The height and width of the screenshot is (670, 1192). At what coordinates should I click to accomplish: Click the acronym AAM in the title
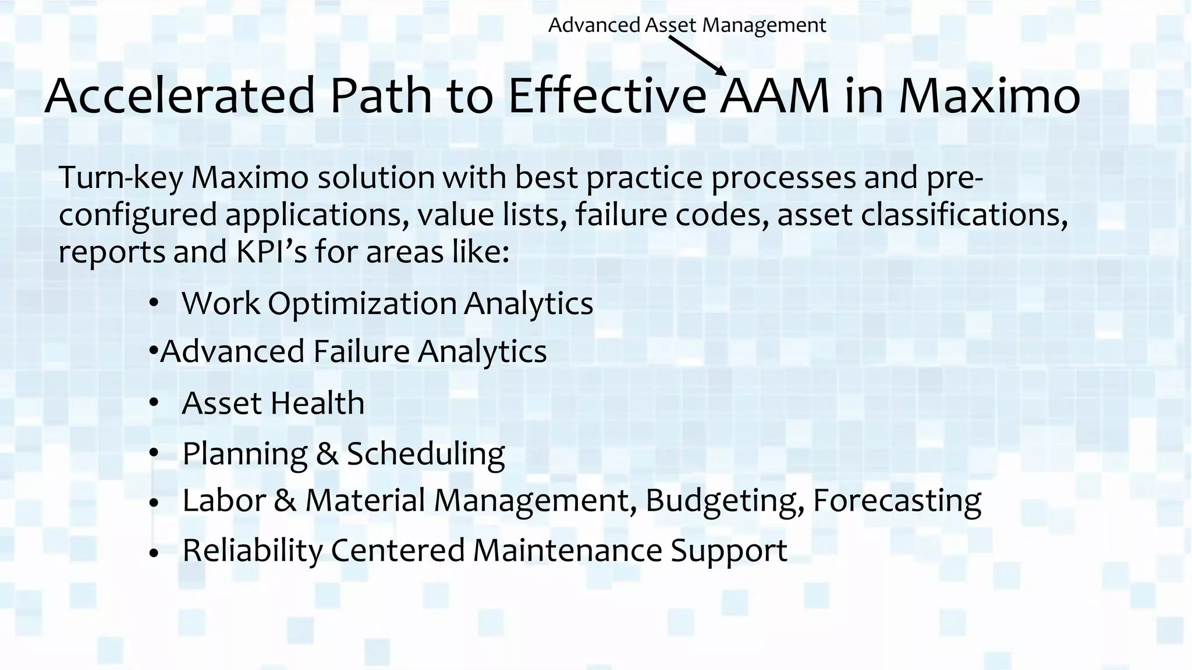(774, 97)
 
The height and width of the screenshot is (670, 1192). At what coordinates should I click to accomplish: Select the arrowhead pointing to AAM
(722, 70)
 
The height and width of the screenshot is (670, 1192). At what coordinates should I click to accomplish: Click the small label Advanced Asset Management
(687, 25)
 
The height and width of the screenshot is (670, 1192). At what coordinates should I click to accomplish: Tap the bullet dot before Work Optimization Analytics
(154, 303)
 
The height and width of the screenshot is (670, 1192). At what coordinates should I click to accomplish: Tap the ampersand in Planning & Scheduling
(327, 454)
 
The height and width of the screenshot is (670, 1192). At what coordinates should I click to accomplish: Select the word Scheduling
(425, 454)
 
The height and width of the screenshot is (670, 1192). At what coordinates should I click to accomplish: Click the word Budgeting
(725, 501)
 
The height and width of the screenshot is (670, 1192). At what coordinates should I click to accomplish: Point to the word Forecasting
(897, 501)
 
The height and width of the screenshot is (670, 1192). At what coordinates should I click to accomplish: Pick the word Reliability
(252, 551)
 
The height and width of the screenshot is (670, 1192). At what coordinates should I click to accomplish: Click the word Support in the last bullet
(729, 551)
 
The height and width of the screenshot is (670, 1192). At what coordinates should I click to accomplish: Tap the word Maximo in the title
(989, 97)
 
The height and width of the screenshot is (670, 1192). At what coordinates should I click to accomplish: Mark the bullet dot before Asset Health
(154, 402)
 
